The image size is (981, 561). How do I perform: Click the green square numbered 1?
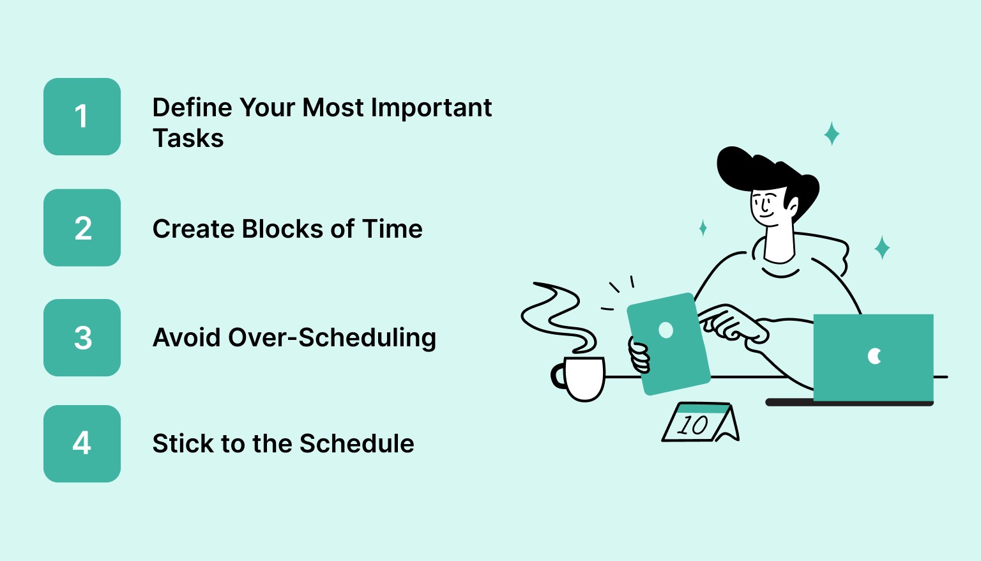click(82, 116)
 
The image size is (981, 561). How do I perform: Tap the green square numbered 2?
click(82, 227)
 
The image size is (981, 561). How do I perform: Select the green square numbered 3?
click(82, 337)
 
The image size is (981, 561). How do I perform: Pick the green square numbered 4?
click(82, 443)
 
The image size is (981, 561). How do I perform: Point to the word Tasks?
click(188, 139)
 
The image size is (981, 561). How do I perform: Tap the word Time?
click(392, 229)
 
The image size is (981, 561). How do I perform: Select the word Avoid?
click(186, 337)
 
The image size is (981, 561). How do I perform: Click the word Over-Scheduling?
click(332, 338)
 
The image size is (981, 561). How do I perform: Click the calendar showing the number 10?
click(699, 423)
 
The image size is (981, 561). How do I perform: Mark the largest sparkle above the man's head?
click(832, 134)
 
